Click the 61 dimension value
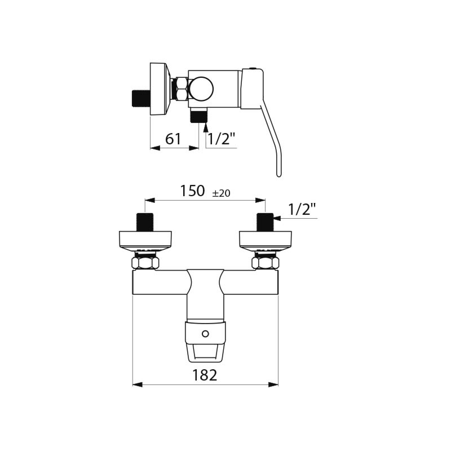pyautogui.click(x=174, y=139)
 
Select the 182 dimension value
pyautogui.click(x=205, y=375)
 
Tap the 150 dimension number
pyautogui.click(x=192, y=191)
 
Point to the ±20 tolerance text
pyautogui.click(x=221, y=193)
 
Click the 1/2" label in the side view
pyautogui.click(x=222, y=139)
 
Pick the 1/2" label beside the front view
pyautogui.click(x=302, y=209)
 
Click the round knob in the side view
pyautogui.click(x=201, y=89)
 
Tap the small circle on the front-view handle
pyautogui.click(x=205, y=334)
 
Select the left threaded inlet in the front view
pyautogui.click(x=145, y=222)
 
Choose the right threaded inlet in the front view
pyautogui.click(x=265, y=222)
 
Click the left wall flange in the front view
pyautogui.click(x=145, y=240)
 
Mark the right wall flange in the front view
pyautogui.click(x=265, y=240)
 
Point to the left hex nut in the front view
pyautogui.click(x=145, y=263)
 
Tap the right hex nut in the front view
pyautogui.click(x=265, y=263)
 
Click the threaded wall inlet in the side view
pyautogui.click(x=140, y=98)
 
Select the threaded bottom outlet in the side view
pyautogui.click(x=198, y=116)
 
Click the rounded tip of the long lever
pyautogui.click(x=278, y=173)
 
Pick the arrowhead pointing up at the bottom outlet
pyautogui.click(x=205, y=128)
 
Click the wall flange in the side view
pyautogui.click(x=159, y=89)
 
